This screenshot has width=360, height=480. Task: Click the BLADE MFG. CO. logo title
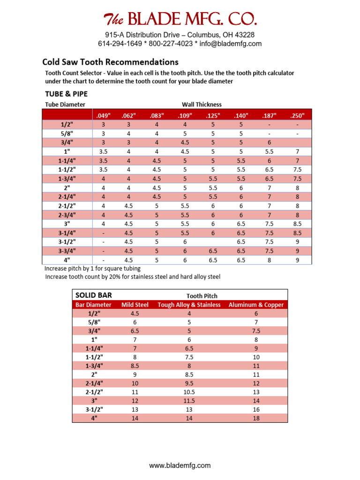click(180, 19)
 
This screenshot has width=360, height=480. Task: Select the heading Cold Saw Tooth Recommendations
click(110, 62)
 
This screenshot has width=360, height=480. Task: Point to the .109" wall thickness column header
click(185, 115)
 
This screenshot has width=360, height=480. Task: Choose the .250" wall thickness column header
click(297, 115)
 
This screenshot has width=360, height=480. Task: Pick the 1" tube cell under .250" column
click(297, 151)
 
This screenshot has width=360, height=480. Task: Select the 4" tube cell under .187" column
click(269, 260)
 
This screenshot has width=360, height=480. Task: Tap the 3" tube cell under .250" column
click(297, 224)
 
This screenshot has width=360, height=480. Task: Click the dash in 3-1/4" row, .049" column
click(103, 232)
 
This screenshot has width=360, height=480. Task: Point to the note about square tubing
click(92, 269)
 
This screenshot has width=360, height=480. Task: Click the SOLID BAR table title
click(94, 295)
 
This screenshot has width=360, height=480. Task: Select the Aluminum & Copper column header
click(256, 305)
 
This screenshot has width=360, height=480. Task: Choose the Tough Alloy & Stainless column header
click(189, 305)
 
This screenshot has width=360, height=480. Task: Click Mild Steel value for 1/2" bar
click(135, 314)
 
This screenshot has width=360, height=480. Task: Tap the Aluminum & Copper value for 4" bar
click(256, 418)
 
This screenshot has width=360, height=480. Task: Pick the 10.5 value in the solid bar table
click(189, 392)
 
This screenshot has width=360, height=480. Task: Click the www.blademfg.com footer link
click(180, 465)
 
